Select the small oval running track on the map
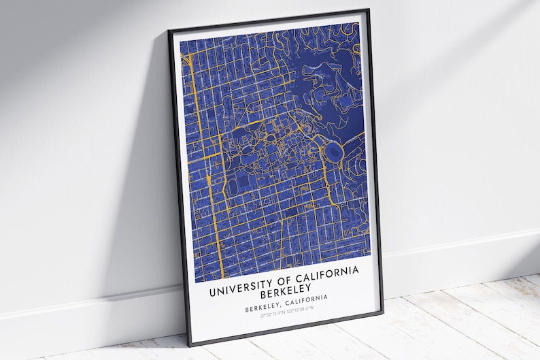235,186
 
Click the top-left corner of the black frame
169,31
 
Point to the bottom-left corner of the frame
190,344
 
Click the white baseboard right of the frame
462,259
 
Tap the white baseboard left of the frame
82,310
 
